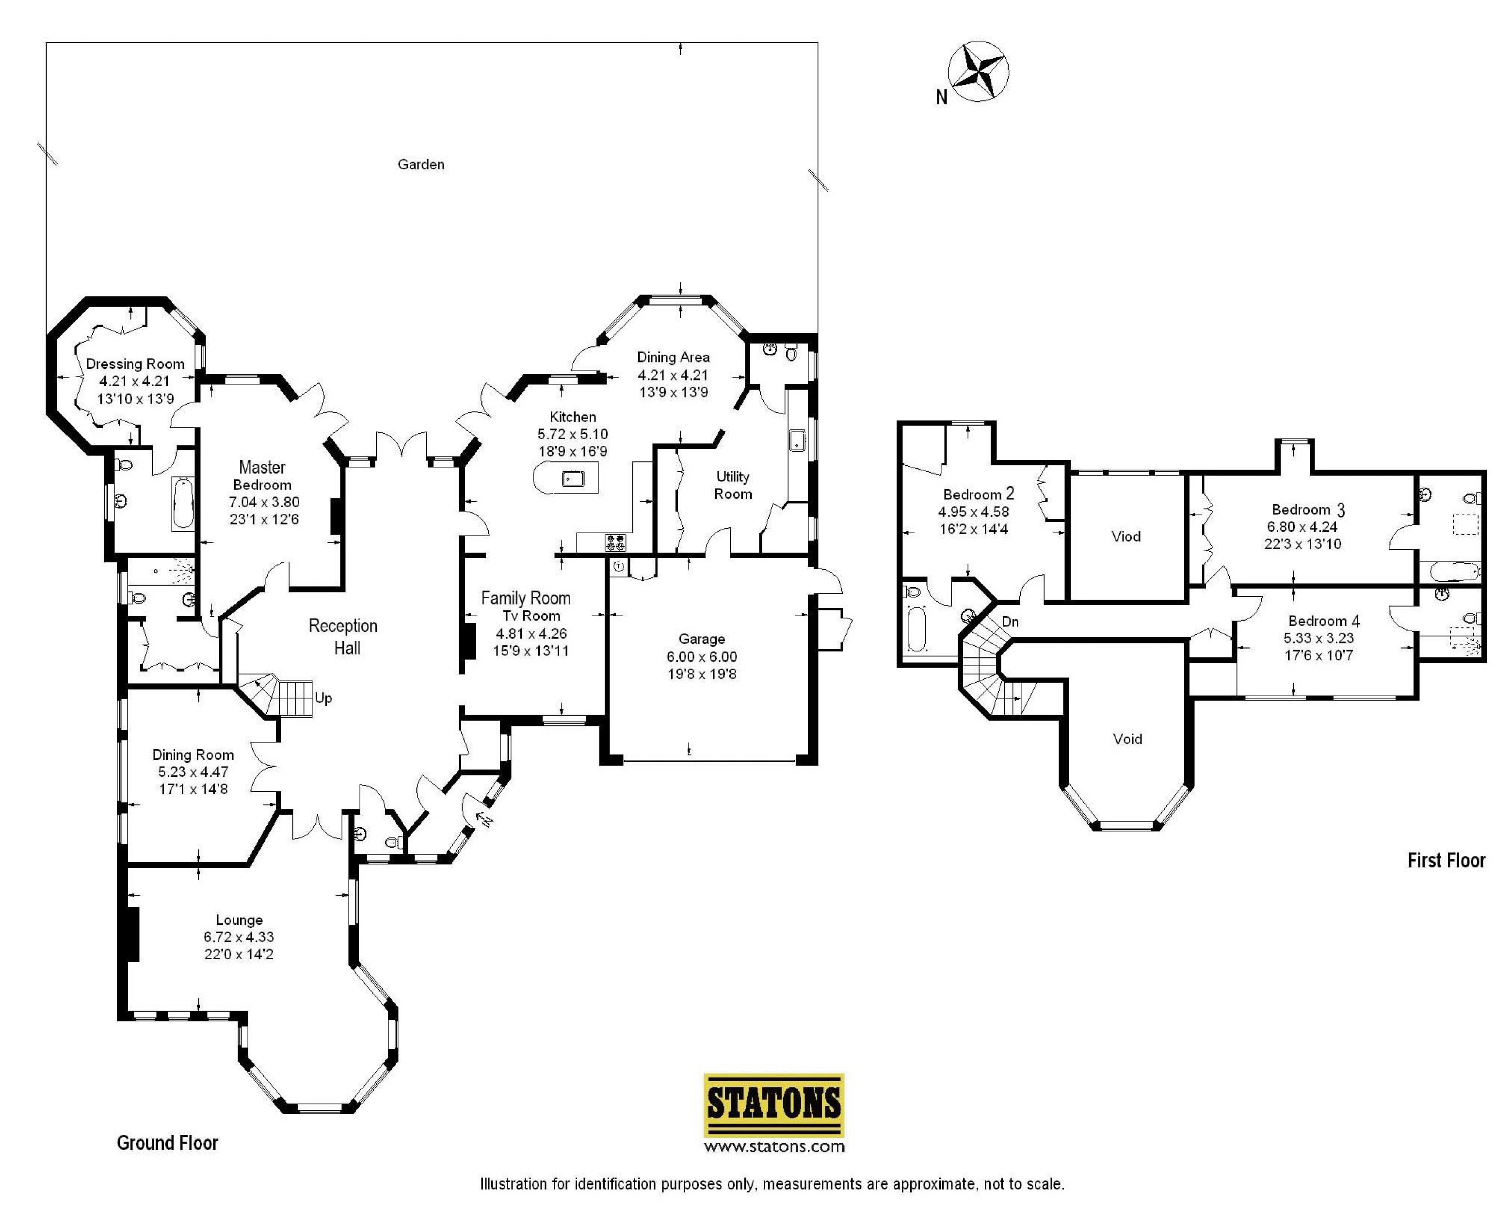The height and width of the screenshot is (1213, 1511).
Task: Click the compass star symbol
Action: pos(979,71)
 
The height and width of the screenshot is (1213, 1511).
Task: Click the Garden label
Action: pos(420,164)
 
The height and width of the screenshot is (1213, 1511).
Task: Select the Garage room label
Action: pos(702,639)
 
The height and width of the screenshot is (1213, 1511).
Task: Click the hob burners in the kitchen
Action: pos(615,542)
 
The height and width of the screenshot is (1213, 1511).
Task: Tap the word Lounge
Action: pos(239,920)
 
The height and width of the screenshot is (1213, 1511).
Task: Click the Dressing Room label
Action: pos(135,364)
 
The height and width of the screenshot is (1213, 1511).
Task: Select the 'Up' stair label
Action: pos(323,698)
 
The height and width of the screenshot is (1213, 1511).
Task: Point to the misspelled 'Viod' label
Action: pos(1125,536)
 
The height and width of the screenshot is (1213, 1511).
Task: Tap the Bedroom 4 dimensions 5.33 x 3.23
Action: pos(1318,638)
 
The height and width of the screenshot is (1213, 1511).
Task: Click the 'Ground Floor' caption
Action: pos(167,1143)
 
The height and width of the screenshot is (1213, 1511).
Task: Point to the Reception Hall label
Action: pos(343,637)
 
